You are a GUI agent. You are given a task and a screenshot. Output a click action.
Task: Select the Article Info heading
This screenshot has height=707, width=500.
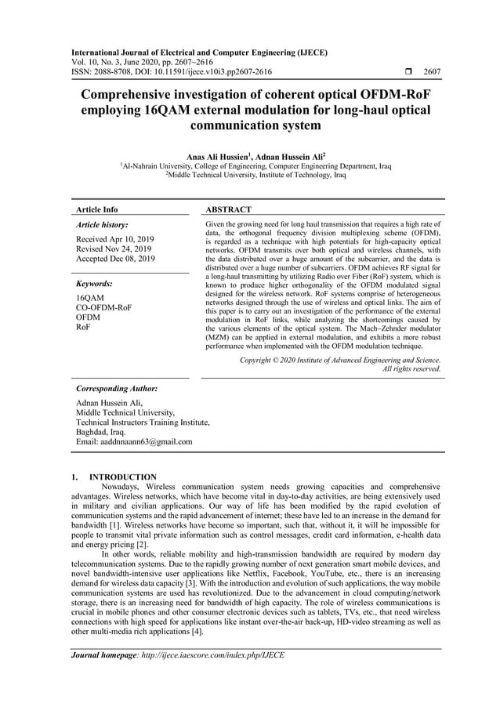96,209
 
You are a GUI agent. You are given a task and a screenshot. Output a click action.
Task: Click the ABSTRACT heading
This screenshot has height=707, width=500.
228,209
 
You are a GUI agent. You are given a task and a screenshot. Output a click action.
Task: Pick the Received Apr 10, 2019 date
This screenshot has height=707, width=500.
115,238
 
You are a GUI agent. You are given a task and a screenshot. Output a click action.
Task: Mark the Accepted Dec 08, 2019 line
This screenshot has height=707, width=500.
116,259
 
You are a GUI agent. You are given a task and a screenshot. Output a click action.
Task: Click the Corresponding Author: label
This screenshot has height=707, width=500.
117,388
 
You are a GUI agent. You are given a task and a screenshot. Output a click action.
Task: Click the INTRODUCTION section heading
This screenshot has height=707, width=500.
123,477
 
